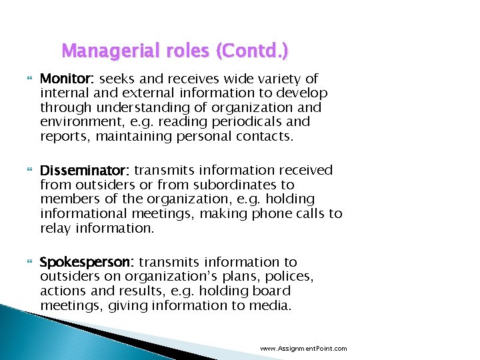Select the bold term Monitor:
(67, 79)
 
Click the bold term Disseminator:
(85, 170)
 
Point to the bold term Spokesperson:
(87, 262)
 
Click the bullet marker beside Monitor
(29, 79)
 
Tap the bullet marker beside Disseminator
(29, 171)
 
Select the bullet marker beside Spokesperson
(29, 263)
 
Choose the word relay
(55, 228)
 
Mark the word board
(271, 291)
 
